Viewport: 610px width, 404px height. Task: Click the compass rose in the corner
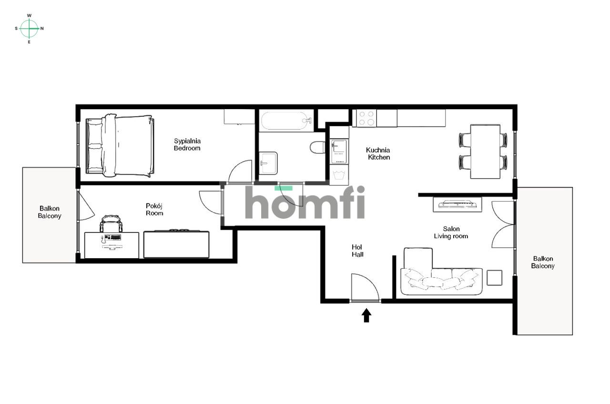[30, 29]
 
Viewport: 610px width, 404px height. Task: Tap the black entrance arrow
[366, 315]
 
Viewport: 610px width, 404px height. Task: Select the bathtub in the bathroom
[284, 121]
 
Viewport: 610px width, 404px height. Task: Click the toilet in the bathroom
[317, 147]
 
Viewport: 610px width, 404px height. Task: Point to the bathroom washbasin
[268, 162]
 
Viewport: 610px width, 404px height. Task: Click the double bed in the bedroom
[119, 146]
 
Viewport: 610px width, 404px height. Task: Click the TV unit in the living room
[457, 204]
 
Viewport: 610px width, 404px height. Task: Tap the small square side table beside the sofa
[494, 277]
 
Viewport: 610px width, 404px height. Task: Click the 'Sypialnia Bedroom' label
[187, 144]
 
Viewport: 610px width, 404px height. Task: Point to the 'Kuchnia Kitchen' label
[378, 153]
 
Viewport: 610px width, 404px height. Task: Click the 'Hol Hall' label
[357, 251]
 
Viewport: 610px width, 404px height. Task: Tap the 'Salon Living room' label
[451, 232]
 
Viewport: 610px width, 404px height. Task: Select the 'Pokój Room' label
[154, 209]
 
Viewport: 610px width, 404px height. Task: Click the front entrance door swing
[364, 288]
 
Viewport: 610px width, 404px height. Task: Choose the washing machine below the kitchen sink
[339, 174]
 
